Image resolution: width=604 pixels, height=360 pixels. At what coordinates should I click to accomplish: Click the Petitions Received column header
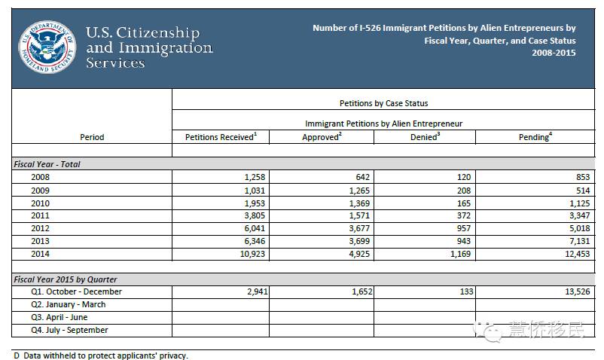221,136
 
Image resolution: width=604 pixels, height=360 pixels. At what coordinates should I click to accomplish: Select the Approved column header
321,136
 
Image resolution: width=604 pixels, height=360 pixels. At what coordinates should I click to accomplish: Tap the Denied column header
425,136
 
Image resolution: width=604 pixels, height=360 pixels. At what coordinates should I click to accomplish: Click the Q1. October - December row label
76,291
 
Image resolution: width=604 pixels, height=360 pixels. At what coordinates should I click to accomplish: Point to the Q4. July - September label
69,330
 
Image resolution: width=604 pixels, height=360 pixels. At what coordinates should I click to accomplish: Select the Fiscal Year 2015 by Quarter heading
66,279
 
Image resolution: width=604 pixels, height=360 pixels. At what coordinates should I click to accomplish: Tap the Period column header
92,137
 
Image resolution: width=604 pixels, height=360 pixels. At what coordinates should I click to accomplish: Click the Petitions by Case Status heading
383,103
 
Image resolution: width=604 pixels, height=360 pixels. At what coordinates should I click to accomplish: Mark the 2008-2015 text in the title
554,53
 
